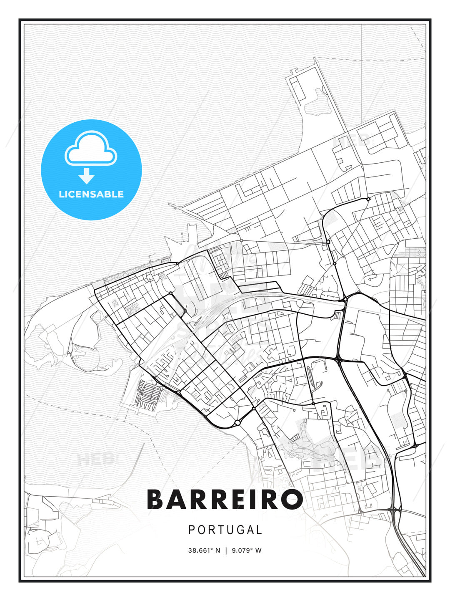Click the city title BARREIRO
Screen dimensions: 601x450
225,500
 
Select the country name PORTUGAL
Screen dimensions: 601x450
225,530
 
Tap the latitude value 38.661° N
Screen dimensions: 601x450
204,550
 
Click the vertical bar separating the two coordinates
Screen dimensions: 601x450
225,550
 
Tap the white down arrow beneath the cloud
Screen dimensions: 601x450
87,176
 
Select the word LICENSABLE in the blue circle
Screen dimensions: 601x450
91,194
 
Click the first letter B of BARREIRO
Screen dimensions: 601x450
156,500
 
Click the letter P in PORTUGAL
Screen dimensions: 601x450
192,530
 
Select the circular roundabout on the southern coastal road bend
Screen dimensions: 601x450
237,423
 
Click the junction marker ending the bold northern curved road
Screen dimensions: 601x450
368,199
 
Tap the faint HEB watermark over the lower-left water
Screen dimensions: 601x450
95,460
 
